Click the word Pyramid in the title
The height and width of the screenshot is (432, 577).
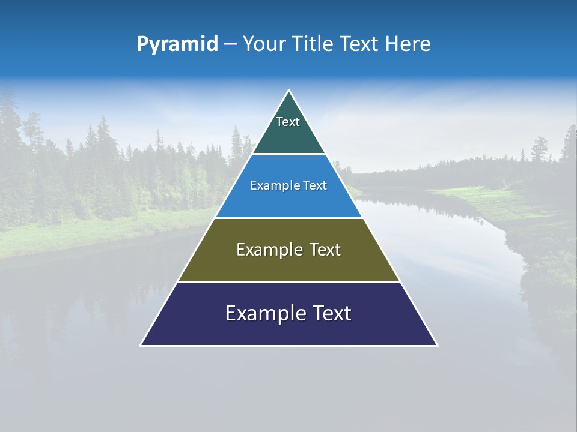(177, 44)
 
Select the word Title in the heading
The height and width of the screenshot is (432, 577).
(314, 44)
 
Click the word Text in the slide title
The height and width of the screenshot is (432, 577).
(359, 44)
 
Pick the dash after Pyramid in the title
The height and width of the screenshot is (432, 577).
(230, 44)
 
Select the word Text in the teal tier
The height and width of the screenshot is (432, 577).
(288, 122)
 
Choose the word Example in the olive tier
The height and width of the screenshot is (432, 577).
(269, 250)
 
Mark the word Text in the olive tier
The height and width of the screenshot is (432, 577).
(325, 250)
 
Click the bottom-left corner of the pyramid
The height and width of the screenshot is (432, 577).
(141, 345)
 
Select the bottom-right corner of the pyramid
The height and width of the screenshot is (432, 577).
(437, 345)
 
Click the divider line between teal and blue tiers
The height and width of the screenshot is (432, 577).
(288, 154)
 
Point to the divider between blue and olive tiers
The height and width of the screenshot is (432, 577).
(288, 218)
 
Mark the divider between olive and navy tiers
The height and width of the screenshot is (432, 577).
(288, 281)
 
